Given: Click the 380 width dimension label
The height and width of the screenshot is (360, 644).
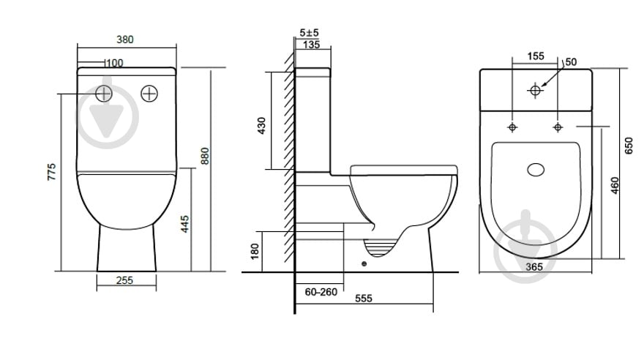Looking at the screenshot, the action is (125, 40).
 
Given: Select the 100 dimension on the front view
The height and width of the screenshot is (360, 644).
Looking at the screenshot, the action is (115, 63).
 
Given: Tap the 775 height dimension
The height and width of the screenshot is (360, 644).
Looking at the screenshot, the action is (51, 172).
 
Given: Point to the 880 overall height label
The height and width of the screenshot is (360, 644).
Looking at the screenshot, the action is (205, 156).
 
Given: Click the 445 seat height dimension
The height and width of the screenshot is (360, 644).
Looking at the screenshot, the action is (185, 224).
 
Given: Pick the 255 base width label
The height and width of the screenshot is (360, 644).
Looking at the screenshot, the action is (124, 280).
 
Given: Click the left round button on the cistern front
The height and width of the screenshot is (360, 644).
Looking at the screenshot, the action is (104, 94).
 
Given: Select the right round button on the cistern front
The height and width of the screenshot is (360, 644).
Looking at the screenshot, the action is (149, 94).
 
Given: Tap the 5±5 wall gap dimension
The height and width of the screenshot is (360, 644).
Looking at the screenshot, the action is (310, 32).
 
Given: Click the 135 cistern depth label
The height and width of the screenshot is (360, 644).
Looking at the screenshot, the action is (311, 45).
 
